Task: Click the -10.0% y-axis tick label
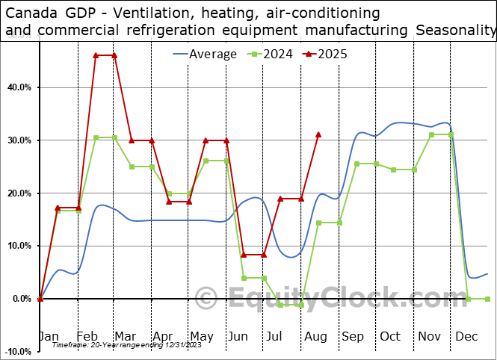(16, 351)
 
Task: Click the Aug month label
(316, 337)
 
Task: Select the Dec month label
(468, 337)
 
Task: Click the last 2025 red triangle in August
(318, 134)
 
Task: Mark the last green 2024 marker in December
(487, 299)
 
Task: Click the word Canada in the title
(31, 13)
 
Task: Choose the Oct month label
(390, 337)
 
